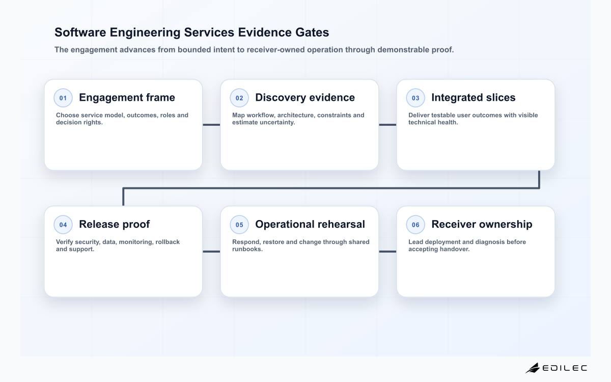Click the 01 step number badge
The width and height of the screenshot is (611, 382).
63,98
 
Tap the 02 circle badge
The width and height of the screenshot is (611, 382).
239,98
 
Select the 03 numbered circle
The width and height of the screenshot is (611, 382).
415,98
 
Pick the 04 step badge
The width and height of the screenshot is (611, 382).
63,225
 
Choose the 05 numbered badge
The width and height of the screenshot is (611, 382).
239,225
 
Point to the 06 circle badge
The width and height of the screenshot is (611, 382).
415,225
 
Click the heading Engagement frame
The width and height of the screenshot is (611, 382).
127,98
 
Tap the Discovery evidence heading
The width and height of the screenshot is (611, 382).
305,97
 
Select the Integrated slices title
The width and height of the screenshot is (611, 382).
473,98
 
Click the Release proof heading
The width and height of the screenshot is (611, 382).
114,224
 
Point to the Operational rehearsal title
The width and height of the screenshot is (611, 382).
310,224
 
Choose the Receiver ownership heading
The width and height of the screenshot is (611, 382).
482,224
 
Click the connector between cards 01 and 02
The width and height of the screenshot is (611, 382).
211,125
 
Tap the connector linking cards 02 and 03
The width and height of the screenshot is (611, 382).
387,125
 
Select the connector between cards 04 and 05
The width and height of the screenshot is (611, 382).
211,252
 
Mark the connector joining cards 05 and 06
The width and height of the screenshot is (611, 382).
387,252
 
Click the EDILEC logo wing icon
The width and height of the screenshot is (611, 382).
533,368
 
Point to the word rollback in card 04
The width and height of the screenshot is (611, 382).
168,242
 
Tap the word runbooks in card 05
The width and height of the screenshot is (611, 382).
247,249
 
